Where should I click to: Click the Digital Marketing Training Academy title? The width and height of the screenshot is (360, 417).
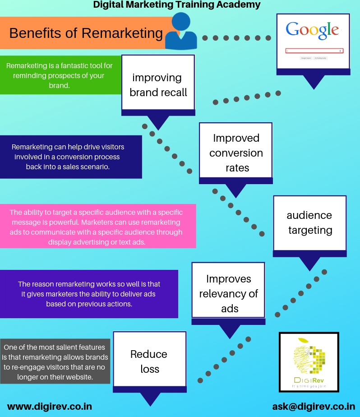[x=177, y=5]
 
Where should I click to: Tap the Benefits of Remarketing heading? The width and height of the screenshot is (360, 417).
[x=86, y=33]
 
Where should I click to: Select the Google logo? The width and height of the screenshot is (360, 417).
[x=312, y=30]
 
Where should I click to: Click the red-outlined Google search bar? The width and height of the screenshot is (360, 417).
[x=314, y=51]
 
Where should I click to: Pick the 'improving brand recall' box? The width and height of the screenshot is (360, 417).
[x=158, y=85]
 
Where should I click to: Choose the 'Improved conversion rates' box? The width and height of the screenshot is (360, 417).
[x=236, y=153]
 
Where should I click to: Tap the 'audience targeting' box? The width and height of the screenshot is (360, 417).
[x=309, y=222]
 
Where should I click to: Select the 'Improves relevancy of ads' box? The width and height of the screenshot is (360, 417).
[x=228, y=293]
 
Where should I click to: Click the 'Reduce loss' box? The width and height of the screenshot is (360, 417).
[x=149, y=361]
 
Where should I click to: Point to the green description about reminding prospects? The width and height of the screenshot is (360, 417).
[x=60, y=75]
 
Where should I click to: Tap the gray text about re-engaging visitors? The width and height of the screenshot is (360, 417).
[x=55, y=362]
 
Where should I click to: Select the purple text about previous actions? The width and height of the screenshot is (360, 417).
[x=89, y=294]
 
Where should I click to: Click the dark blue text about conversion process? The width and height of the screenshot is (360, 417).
[x=68, y=157]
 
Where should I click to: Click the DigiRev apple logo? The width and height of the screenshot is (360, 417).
[x=309, y=362]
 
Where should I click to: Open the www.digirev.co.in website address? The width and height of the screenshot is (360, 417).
[x=50, y=406]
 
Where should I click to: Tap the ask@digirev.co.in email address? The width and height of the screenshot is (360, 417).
[x=314, y=406]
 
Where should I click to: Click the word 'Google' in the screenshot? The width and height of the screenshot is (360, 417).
[x=312, y=30]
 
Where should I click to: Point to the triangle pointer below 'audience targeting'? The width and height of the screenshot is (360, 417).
[x=309, y=263]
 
